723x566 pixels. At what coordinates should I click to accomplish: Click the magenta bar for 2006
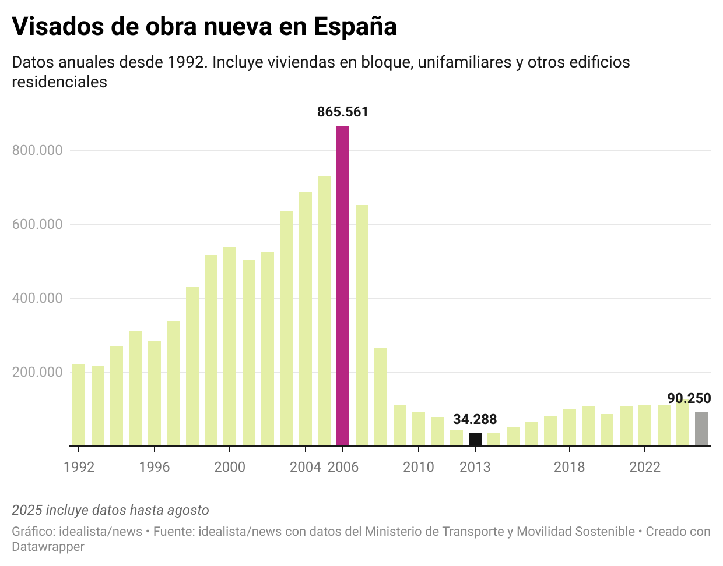pyautogui.click(x=343, y=285)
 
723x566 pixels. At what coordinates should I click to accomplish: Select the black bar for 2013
pyautogui.click(x=475, y=440)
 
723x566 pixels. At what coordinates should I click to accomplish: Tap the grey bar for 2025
pyautogui.click(x=701, y=429)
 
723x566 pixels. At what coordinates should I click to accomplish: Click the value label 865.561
pyautogui.click(x=343, y=112)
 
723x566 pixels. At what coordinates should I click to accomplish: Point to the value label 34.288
pyautogui.click(x=475, y=419)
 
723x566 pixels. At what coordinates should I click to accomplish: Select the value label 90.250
pyautogui.click(x=689, y=398)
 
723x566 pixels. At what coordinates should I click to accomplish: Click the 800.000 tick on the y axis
pyautogui.click(x=37, y=150)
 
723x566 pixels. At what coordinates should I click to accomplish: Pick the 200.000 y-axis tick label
pyautogui.click(x=37, y=372)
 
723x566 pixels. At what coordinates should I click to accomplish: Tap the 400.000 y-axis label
pyautogui.click(x=37, y=298)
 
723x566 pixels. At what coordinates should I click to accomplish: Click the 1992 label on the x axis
pyautogui.click(x=79, y=467)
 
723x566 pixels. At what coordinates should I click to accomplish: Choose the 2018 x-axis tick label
pyautogui.click(x=569, y=467)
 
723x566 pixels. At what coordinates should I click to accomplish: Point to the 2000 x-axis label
pyautogui.click(x=230, y=467)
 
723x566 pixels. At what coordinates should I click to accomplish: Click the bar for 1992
pyautogui.click(x=79, y=405)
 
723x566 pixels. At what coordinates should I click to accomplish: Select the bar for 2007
pyautogui.click(x=362, y=325)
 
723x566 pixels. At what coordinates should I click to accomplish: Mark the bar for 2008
pyautogui.click(x=381, y=397)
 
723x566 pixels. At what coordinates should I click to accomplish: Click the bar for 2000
pyautogui.click(x=230, y=346)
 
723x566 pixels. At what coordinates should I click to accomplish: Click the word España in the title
pyautogui.click(x=355, y=27)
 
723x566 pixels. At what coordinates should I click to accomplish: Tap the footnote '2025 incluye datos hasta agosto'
pyautogui.click(x=110, y=510)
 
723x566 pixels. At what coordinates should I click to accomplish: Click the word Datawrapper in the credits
pyautogui.click(x=48, y=547)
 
